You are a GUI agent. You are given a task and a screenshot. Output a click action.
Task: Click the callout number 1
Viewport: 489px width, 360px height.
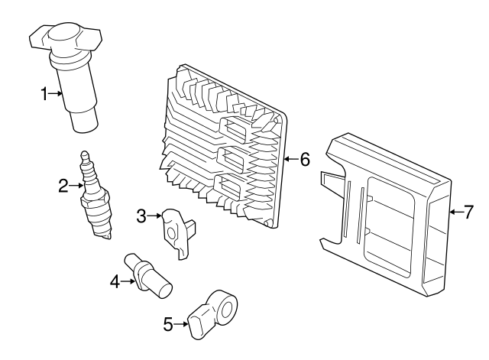[x=45, y=93]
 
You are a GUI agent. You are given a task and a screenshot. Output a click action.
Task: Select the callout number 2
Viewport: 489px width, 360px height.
[x=63, y=186]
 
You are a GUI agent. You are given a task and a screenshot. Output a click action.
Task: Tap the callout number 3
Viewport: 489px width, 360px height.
[x=141, y=216]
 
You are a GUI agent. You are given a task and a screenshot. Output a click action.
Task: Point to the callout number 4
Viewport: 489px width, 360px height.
[x=115, y=282]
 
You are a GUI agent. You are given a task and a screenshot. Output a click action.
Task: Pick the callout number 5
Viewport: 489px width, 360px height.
[x=168, y=324]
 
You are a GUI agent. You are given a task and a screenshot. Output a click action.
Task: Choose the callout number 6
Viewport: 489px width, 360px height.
[x=305, y=159]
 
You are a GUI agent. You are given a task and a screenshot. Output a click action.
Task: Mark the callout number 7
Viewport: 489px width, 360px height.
[x=468, y=212]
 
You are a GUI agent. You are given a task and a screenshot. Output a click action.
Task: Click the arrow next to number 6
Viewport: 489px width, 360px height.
[x=291, y=159]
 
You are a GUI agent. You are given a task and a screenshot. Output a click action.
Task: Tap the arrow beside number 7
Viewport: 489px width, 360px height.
[x=456, y=212]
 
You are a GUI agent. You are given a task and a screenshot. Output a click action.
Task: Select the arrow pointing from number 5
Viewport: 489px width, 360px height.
[x=181, y=324]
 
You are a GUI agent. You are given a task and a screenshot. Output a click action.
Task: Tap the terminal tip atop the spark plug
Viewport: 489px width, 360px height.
[x=85, y=155]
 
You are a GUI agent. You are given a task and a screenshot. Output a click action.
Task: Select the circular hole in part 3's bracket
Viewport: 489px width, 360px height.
[x=171, y=234]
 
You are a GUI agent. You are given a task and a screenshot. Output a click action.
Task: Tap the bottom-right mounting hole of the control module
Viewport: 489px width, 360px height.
[x=266, y=222]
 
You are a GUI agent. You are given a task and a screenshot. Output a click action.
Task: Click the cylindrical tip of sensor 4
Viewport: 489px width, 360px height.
[x=164, y=290]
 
